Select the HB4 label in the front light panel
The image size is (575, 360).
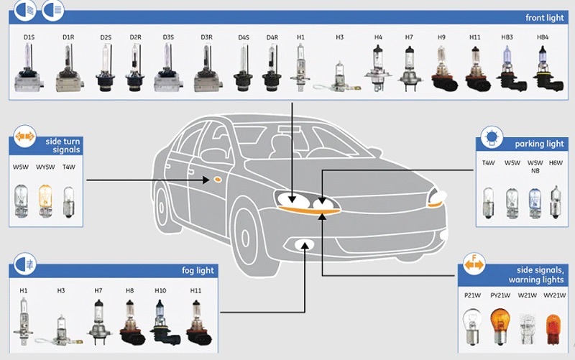tap(543, 36)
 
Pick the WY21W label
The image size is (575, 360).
tap(552, 295)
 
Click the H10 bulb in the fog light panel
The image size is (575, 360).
tap(160, 321)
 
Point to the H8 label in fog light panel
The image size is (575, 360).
tap(129, 291)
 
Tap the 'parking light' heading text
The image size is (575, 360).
tap(539, 144)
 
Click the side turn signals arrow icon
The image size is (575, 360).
tap(25, 137)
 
